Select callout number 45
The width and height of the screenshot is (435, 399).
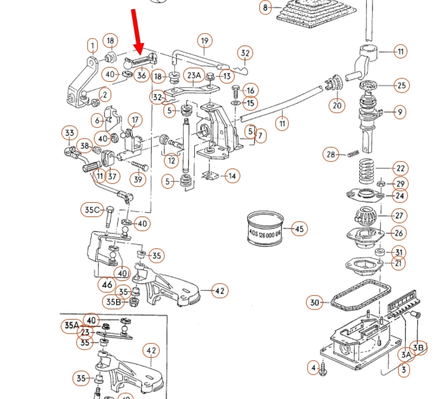pos(299,229)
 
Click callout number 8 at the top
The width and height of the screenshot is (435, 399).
pos(265,8)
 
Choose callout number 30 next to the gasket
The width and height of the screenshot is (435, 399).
pos(315,302)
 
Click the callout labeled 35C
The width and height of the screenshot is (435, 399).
pos(92,210)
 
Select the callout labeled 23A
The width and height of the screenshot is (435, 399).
pos(194,76)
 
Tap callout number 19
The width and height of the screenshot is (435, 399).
pos(205,42)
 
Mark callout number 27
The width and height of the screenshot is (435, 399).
pos(399,216)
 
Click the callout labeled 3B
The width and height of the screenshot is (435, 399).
pos(418,347)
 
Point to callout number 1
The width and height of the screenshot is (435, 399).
pos(92,45)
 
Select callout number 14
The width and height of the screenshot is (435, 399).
pos(232,176)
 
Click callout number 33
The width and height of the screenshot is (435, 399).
pos(69,133)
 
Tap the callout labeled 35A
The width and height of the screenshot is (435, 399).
pos(71,325)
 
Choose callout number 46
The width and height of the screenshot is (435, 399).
pos(108,285)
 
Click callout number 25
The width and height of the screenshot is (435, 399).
pos(401,85)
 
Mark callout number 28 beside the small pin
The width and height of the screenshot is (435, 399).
pos(332,154)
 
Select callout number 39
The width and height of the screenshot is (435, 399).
pos(138,180)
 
